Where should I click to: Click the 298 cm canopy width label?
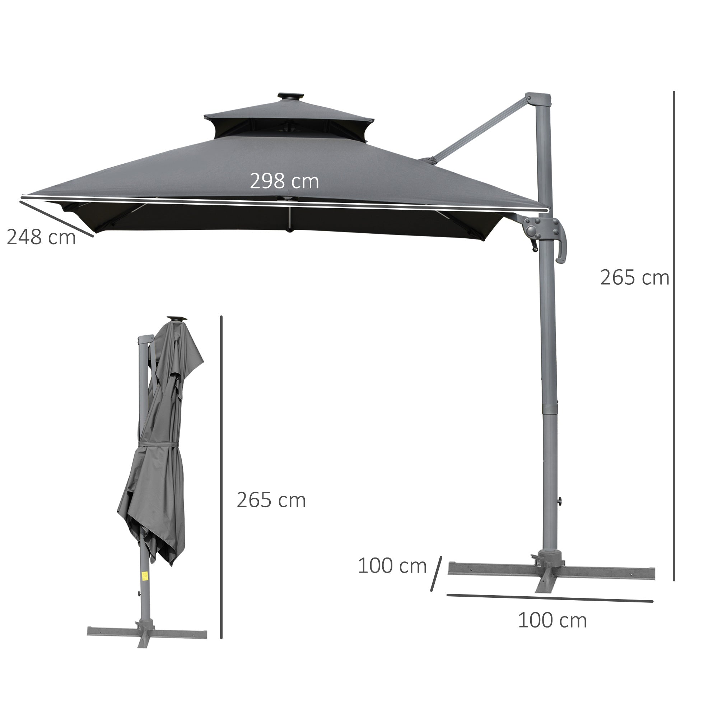pos(284,181)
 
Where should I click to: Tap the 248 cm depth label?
pos(41,237)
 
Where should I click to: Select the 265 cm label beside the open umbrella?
pos(634,278)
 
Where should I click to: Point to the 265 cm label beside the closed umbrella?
pos(271,500)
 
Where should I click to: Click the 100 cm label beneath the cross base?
pos(552,620)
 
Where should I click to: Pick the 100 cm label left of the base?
pos(392,566)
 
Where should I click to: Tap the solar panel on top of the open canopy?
pos(290,96)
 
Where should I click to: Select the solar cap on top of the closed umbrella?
pos(177,318)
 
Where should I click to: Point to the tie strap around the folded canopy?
pos(158,444)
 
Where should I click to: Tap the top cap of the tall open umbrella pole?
pos(538,99)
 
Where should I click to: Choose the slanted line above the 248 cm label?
pos(56,219)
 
